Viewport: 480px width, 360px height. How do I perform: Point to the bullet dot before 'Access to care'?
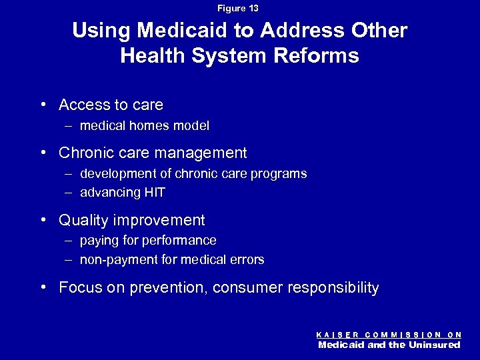click(42, 105)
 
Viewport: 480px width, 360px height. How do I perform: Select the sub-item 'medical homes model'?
click(145, 125)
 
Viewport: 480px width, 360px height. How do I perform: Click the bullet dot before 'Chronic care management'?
click(42, 153)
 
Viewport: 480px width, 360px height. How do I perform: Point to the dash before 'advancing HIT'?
click(70, 193)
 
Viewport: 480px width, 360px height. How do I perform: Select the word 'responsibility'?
click(333, 288)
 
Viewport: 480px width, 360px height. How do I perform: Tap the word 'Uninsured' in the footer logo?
click(435, 345)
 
